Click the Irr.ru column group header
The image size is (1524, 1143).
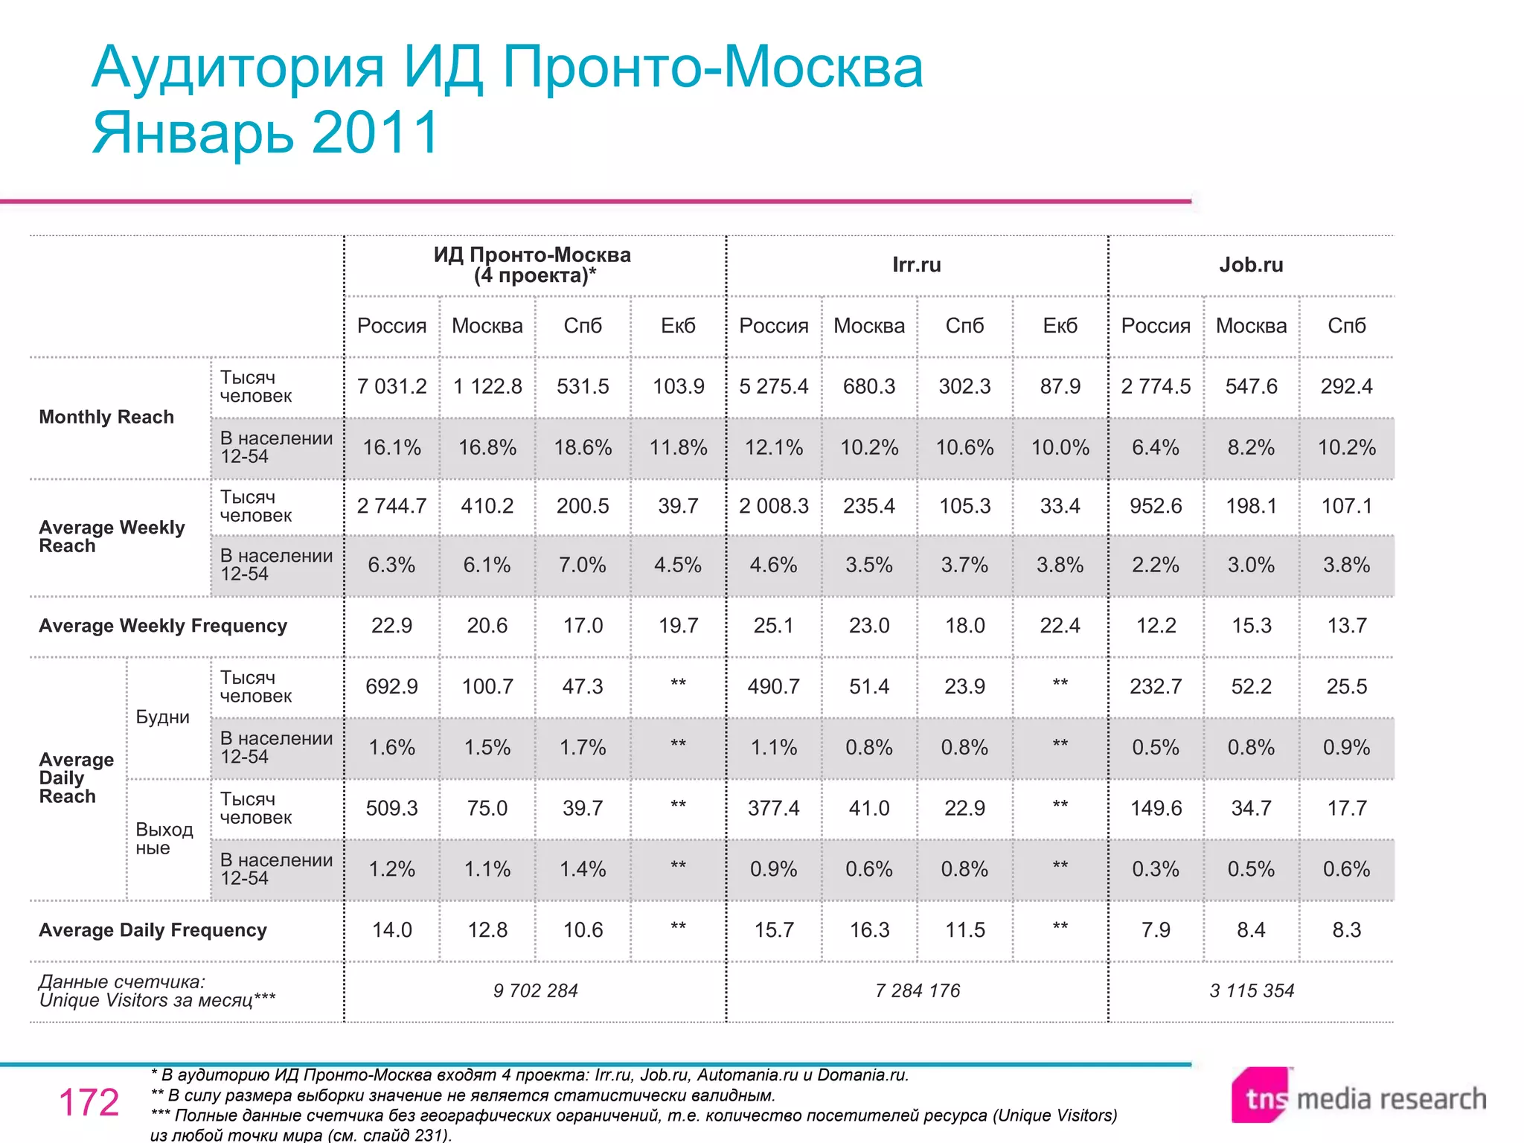click(916, 265)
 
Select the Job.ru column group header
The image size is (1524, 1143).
click(1251, 265)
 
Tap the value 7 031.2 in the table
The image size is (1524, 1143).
click(391, 386)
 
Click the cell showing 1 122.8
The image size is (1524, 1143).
click(487, 386)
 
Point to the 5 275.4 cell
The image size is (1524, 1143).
click(773, 386)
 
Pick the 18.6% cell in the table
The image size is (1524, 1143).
click(583, 447)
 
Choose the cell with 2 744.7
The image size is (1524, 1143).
click(391, 506)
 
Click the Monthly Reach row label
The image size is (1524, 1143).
click(106, 417)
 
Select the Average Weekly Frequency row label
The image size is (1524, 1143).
click(163, 626)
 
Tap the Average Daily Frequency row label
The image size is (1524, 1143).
click(153, 930)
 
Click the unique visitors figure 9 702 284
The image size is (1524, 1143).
click(535, 990)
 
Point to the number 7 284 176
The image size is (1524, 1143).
click(918, 990)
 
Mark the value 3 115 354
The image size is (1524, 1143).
click(1252, 990)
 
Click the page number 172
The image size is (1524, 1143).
click(89, 1102)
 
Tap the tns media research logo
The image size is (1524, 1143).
click(1358, 1097)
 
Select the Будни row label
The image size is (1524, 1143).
click(162, 717)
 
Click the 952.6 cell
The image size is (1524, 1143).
click(1156, 506)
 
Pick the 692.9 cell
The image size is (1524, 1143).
click(391, 686)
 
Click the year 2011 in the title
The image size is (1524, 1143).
click(376, 132)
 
